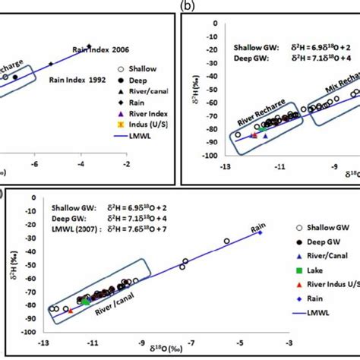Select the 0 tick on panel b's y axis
tap(213, 23)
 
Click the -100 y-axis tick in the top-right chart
tap(210, 155)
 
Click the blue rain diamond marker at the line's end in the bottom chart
tap(261, 232)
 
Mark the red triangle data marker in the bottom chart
tap(71, 310)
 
